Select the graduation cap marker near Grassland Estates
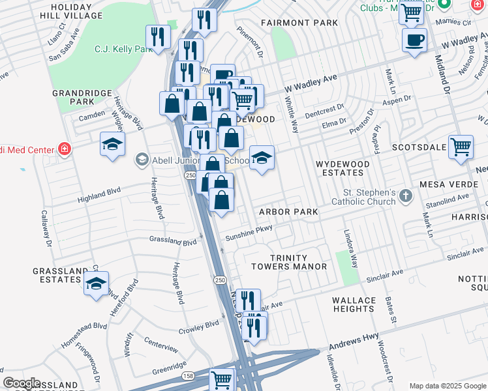(96, 283)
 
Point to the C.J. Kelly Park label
(123, 49)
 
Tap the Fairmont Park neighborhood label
(299, 23)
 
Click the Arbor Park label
(288, 212)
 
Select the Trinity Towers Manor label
(289, 262)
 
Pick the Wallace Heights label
(354, 304)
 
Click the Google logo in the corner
(22, 383)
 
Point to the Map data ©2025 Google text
(447, 386)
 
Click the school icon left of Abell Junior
(142, 160)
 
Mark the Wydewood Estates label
(339, 168)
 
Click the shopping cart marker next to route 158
(222, 379)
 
